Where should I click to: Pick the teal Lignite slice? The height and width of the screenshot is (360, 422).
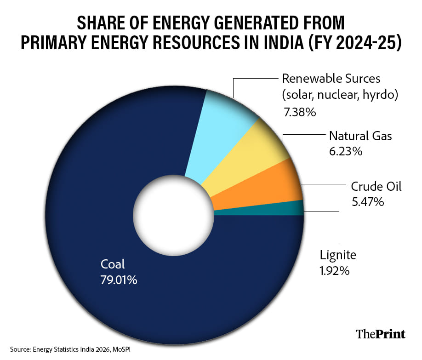point(276,209)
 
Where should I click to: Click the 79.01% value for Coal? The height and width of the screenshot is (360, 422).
point(119,280)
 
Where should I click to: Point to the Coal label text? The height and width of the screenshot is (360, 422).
point(113,265)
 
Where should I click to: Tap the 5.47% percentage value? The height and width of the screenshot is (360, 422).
point(367,201)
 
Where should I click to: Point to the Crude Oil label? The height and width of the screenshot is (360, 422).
point(376,186)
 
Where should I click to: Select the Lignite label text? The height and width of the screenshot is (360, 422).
point(338,255)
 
